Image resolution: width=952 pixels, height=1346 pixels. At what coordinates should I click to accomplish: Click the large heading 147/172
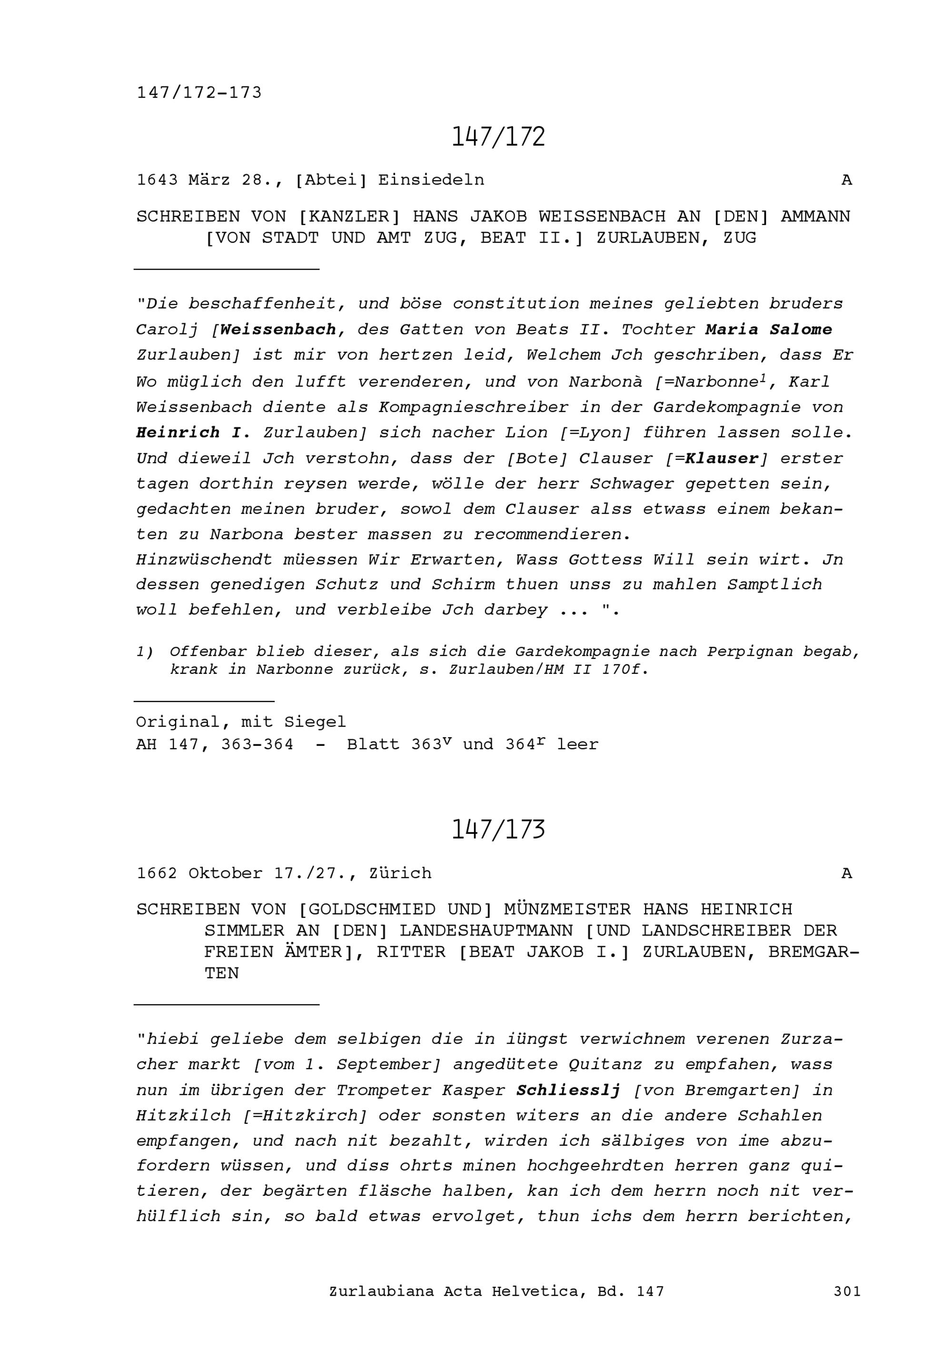click(x=498, y=137)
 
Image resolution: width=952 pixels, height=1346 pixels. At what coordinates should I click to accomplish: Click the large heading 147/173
click(x=498, y=829)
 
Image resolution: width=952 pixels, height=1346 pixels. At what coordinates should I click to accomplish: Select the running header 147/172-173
click(x=199, y=93)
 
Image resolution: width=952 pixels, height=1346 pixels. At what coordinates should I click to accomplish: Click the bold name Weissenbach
click(x=278, y=330)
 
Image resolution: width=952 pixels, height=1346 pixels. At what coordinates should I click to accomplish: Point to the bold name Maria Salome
click(x=768, y=330)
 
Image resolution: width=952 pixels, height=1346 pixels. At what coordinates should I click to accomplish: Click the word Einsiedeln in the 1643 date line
click(x=431, y=180)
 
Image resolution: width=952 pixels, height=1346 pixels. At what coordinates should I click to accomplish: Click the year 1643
click(x=157, y=180)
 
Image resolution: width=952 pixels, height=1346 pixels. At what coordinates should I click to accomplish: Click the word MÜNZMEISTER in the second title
click(x=567, y=910)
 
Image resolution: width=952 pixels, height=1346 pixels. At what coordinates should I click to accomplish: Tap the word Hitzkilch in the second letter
click(x=184, y=1116)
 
